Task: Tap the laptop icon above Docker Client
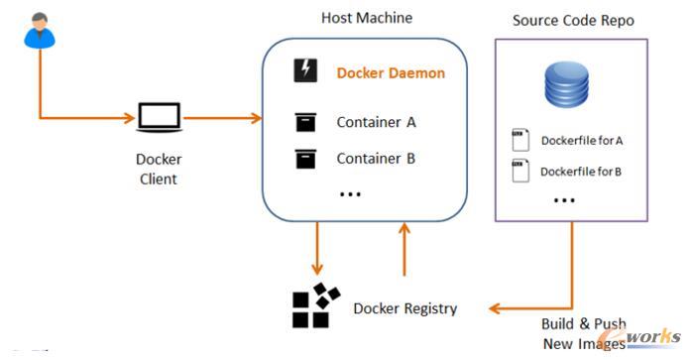(x=158, y=118)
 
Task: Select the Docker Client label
(x=158, y=169)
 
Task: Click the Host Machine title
(x=367, y=18)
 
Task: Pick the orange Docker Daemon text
(x=391, y=72)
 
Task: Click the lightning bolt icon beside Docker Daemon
(x=305, y=71)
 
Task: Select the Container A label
(x=376, y=122)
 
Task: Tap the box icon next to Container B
(x=305, y=158)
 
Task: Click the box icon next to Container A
(x=305, y=122)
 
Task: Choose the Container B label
(x=376, y=158)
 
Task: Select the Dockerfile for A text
(x=581, y=140)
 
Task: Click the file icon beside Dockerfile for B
(x=518, y=171)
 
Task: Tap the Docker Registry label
(x=405, y=308)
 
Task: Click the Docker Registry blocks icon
(x=316, y=305)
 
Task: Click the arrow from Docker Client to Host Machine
(x=222, y=119)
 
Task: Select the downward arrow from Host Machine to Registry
(x=316, y=248)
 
